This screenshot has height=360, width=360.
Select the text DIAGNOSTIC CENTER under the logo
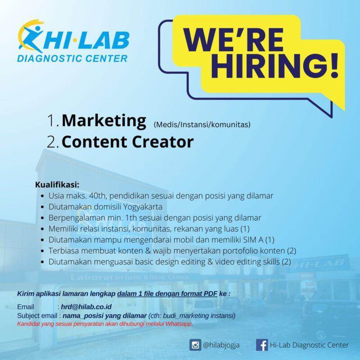click(72, 58)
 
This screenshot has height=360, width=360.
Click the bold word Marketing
click(104, 121)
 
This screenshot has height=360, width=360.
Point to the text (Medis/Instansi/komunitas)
click(202, 124)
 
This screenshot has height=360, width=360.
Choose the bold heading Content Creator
click(127, 142)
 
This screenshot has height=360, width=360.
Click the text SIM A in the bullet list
click(258, 239)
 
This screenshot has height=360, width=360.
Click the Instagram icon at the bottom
click(195, 345)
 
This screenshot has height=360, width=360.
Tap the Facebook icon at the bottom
click(261, 345)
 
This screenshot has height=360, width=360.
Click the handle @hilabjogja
click(221, 345)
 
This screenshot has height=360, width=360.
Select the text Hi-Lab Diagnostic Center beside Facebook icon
click(309, 345)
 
